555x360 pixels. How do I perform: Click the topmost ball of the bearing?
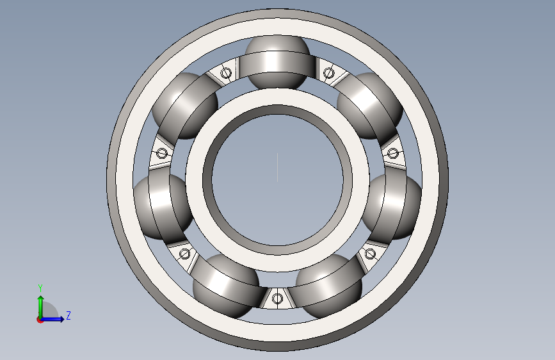(277, 62)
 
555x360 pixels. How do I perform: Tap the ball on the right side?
(392, 207)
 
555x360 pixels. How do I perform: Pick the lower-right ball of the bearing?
(328, 285)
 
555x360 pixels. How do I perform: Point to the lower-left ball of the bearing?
(226, 285)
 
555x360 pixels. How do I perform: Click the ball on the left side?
(163, 207)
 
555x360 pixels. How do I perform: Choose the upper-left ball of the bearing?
(185, 106)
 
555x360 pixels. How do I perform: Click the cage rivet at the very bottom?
(277, 299)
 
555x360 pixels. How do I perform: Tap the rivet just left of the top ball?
(226, 74)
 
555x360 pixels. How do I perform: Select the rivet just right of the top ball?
(328, 74)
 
